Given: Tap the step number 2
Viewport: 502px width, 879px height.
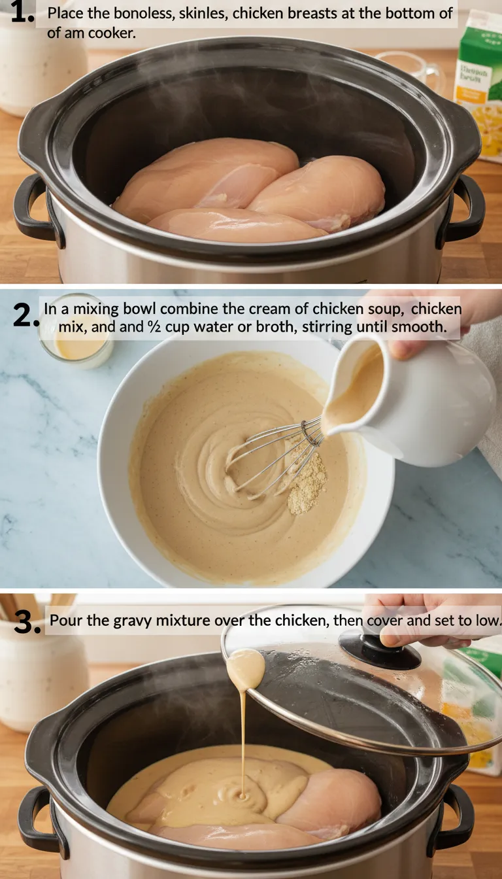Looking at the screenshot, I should pos(25,316).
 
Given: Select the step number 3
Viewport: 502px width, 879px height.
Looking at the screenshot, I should pos(27,622).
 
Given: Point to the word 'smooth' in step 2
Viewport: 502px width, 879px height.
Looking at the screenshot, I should pos(421,326).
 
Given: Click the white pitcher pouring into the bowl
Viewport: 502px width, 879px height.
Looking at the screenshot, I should pos(418,399).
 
